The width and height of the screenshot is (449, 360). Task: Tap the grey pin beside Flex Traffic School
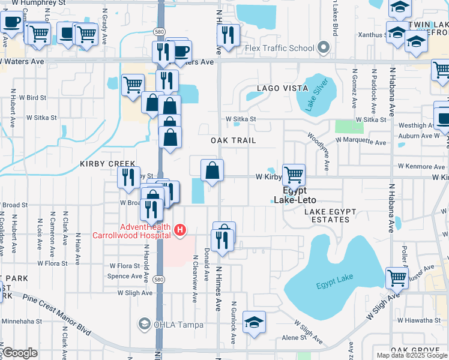325,47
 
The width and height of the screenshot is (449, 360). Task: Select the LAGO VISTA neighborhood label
278,88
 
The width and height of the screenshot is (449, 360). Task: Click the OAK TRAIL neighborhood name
234,140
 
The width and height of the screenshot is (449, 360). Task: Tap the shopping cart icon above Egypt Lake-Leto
294,175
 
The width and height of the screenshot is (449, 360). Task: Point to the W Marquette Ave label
361,142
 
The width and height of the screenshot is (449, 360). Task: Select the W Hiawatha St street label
418,320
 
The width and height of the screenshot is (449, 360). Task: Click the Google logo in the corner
19,353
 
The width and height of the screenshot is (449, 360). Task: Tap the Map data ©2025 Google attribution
412,355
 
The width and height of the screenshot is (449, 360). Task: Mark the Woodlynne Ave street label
318,152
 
